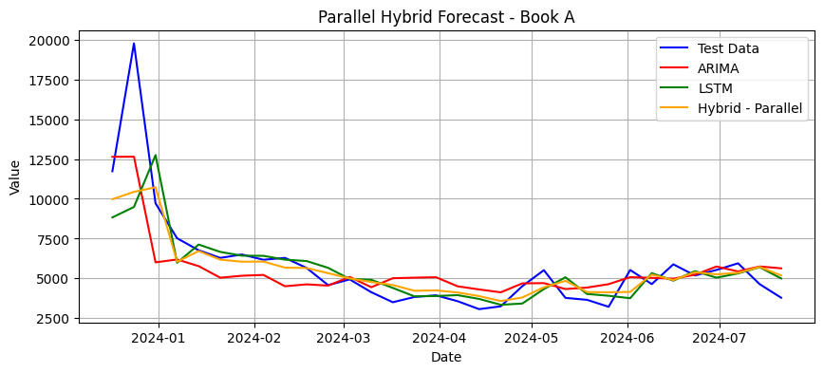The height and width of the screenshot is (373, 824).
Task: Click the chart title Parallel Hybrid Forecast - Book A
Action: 446,17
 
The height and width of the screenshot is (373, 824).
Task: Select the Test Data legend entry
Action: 728,48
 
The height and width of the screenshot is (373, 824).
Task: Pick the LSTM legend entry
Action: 715,88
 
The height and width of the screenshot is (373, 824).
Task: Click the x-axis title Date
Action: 446,357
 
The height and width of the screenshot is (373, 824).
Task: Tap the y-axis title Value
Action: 15,177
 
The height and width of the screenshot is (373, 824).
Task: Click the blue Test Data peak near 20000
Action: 134,43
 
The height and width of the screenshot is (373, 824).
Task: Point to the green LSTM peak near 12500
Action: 155,155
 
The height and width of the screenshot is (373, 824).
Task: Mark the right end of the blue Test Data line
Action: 781,298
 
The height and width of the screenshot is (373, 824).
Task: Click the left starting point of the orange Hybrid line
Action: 112,199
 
